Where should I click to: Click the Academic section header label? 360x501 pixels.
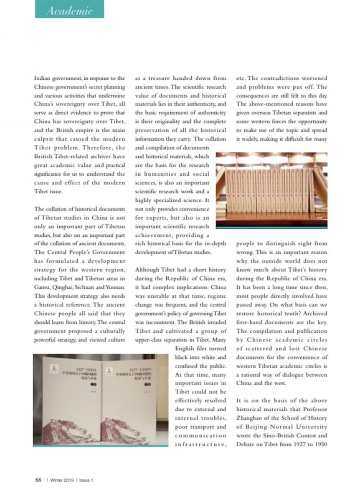pyautogui.click(x=69, y=10)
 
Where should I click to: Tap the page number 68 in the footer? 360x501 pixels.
pyautogui.click(x=38, y=480)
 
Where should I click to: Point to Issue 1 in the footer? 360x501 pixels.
pyautogui.click(x=86, y=480)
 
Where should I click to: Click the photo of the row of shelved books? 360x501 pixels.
pyautogui.click(x=271, y=190)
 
